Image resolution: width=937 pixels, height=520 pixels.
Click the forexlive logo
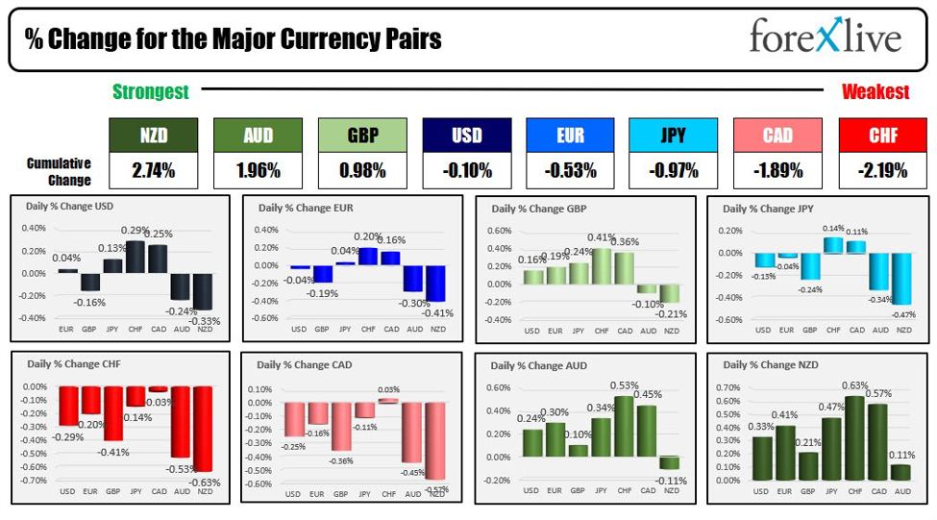point(826,38)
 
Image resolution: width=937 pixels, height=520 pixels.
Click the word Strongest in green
point(151,92)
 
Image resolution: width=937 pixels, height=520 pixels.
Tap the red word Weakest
point(875,92)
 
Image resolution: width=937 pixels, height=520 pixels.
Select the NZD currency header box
point(154,136)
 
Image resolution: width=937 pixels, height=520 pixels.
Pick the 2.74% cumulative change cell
point(154,171)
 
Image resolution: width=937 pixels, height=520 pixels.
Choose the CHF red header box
point(883,136)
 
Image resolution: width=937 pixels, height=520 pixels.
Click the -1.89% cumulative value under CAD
point(777,171)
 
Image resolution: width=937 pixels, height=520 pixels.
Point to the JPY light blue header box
point(673,136)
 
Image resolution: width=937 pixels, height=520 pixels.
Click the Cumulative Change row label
point(60,172)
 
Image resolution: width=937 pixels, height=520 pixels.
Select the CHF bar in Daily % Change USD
point(135,256)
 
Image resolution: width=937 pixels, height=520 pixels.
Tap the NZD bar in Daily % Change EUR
point(435,284)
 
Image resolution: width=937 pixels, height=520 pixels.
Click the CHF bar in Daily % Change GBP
point(602,266)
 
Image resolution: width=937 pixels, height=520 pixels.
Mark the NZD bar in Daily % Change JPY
point(903,279)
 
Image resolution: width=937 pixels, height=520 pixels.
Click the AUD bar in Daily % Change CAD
point(413,437)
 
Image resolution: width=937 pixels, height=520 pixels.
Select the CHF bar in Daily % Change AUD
point(625,426)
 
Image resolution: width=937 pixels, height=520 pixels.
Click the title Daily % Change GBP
point(539,209)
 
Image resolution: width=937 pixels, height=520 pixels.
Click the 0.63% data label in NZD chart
point(854,387)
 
